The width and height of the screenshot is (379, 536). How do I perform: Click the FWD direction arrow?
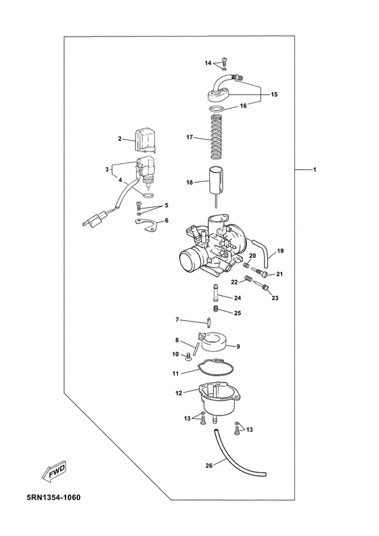(54, 472)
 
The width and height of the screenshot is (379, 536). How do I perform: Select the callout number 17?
(189, 137)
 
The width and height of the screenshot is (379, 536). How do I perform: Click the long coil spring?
(216, 137)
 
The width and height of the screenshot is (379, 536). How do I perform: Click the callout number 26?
(209, 465)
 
